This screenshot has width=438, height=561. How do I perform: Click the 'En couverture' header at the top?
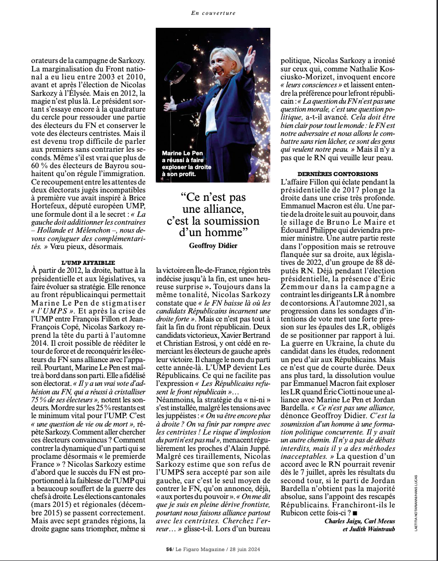(x=213, y=13)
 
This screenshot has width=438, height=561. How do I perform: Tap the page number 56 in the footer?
(x=168, y=549)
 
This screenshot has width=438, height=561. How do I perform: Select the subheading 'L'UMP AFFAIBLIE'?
(x=88, y=262)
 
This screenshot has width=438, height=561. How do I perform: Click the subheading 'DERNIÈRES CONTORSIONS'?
(x=337, y=174)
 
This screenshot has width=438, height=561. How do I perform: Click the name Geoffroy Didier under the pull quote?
(x=213, y=246)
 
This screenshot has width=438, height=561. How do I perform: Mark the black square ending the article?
(x=355, y=512)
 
